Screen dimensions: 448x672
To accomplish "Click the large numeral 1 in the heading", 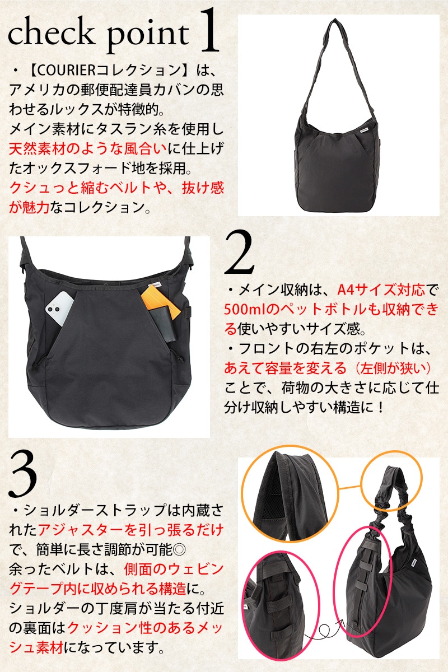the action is [x=208, y=30].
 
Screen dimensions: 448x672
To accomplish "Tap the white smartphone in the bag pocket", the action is [x=59, y=309].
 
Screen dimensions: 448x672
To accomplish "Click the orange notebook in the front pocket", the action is [x=161, y=301].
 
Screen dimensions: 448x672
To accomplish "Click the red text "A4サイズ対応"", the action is [x=381, y=290].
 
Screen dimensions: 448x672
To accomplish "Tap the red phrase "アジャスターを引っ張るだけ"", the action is [x=131, y=530].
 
